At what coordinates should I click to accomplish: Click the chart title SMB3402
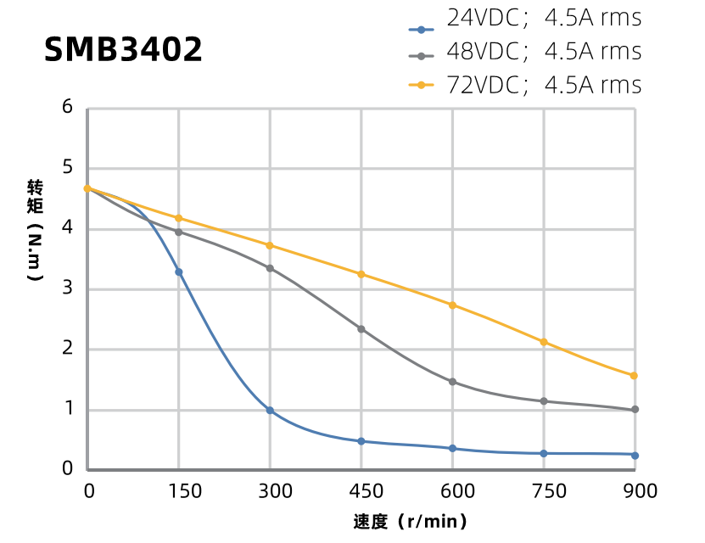click(124, 49)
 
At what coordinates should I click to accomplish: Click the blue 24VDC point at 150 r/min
click(179, 271)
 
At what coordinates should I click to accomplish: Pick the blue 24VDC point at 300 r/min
click(270, 410)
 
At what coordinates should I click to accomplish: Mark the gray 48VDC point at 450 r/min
click(361, 329)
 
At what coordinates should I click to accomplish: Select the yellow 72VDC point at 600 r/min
click(452, 305)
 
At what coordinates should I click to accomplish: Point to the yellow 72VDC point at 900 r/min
click(635, 375)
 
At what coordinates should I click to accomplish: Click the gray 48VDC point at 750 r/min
click(544, 401)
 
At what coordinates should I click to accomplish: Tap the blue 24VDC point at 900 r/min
click(635, 456)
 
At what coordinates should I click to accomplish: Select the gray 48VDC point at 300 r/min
click(270, 268)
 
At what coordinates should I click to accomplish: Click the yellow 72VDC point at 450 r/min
click(361, 274)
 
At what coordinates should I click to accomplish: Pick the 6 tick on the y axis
click(67, 108)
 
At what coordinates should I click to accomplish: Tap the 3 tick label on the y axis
click(67, 288)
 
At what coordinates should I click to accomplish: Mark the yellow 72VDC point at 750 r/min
click(544, 342)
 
